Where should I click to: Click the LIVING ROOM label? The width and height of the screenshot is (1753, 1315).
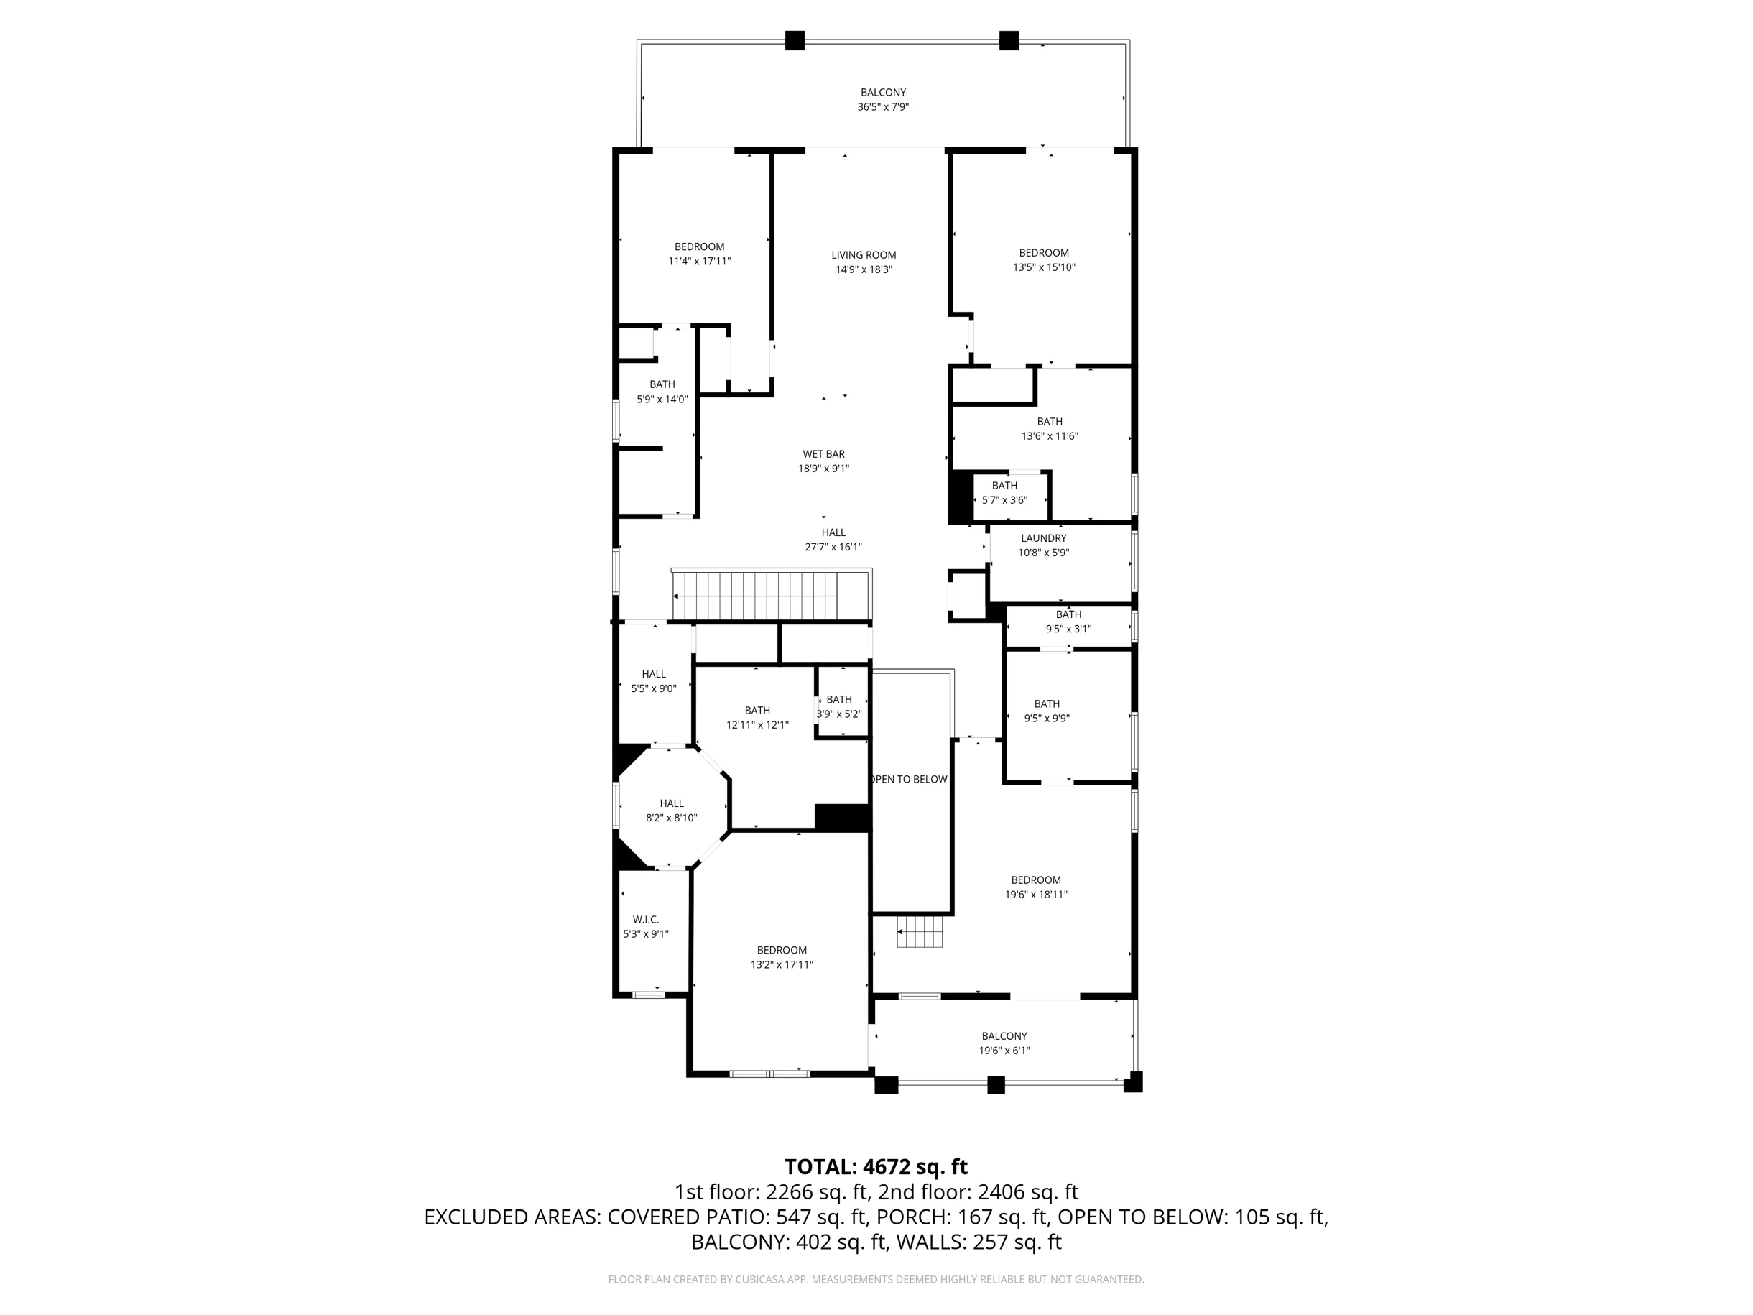[x=864, y=255]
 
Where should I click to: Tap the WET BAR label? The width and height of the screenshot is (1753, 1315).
[x=823, y=454]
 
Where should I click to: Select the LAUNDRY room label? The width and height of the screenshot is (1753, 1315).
[x=1044, y=538]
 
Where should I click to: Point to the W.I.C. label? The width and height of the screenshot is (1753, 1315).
[x=646, y=920]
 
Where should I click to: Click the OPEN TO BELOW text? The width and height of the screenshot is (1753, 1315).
[x=909, y=779]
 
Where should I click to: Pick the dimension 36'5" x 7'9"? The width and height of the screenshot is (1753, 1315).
[x=883, y=107]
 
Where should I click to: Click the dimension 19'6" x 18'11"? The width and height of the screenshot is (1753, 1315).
[x=1036, y=894]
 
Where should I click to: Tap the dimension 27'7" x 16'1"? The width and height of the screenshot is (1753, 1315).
[x=833, y=547]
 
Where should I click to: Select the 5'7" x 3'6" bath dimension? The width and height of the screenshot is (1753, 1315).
[x=1005, y=500]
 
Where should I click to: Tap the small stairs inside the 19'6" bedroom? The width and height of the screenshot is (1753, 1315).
[x=920, y=931]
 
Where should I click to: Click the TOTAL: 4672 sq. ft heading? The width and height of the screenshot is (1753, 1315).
[x=876, y=1167]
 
